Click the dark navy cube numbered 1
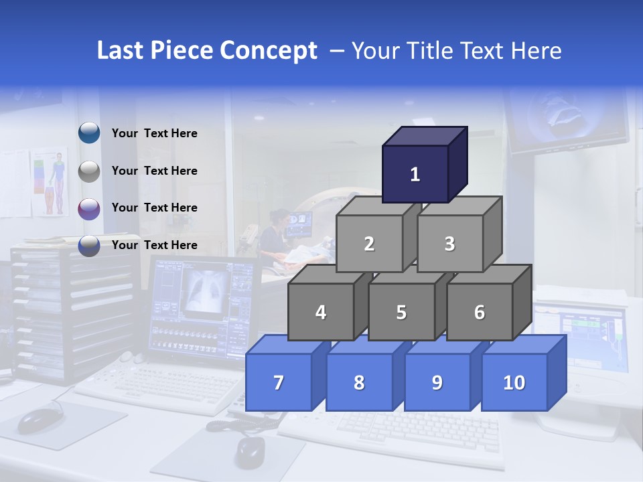415,174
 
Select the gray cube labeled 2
369,244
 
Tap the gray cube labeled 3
449,244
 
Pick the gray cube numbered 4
321,312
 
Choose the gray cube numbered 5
401,312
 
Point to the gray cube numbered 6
480,312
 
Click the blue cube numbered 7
279,382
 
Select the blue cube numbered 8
359,382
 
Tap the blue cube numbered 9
437,382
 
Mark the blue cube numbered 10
514,382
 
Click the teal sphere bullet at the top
89,133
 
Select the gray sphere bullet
89,171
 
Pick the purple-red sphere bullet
89,209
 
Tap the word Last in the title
121,51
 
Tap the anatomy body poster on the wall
52,182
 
